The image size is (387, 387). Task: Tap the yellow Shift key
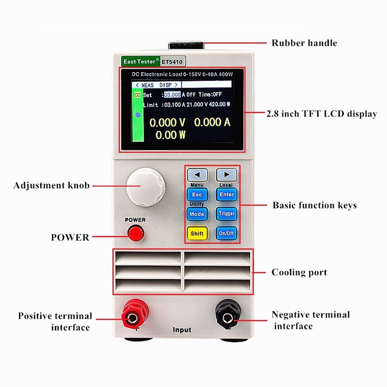click(197, 233)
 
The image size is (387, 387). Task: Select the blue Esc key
click(197, 194)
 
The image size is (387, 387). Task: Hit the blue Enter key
click(226, 194)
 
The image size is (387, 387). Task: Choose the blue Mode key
click(197, 214)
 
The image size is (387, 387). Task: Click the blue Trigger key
click(226, 214)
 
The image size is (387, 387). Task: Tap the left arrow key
click(197, 175)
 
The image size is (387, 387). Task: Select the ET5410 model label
click(173, 62)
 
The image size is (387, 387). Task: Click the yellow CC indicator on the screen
click(137, 95)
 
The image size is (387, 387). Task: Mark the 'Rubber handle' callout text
click(304, 43)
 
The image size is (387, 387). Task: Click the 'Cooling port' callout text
click(299, 272)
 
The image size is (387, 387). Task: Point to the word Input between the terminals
click(182, 330)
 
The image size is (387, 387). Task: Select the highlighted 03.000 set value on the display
click(172, 95)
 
